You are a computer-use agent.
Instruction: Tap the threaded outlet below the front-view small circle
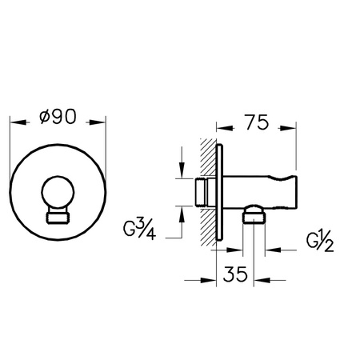point(58,217)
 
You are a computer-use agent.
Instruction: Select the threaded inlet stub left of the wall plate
point(205,192)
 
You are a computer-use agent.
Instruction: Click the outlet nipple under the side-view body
point(253,214)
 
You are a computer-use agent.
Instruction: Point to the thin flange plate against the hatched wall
point(222,192)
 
